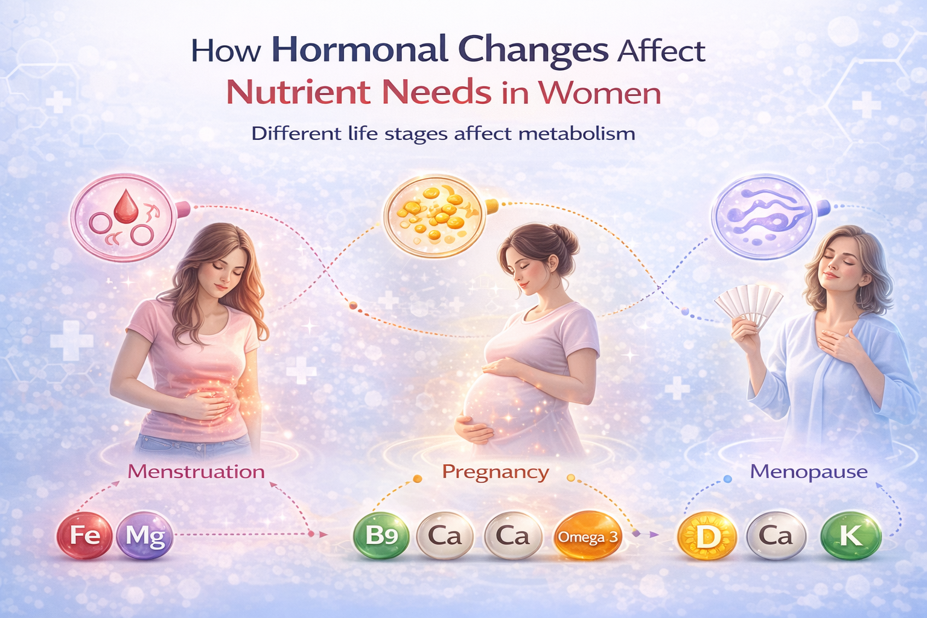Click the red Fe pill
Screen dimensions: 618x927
84,535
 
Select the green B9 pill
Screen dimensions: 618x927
381,535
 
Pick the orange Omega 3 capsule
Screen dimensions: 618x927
587,537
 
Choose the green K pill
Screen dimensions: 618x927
851,535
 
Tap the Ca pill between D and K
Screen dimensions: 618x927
776,535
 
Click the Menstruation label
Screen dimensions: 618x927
196,471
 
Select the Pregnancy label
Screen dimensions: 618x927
495,471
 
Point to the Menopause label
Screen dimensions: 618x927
809,471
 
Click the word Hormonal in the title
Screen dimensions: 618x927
359,51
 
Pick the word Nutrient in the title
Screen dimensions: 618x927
298,93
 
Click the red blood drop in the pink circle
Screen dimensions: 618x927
126,206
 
